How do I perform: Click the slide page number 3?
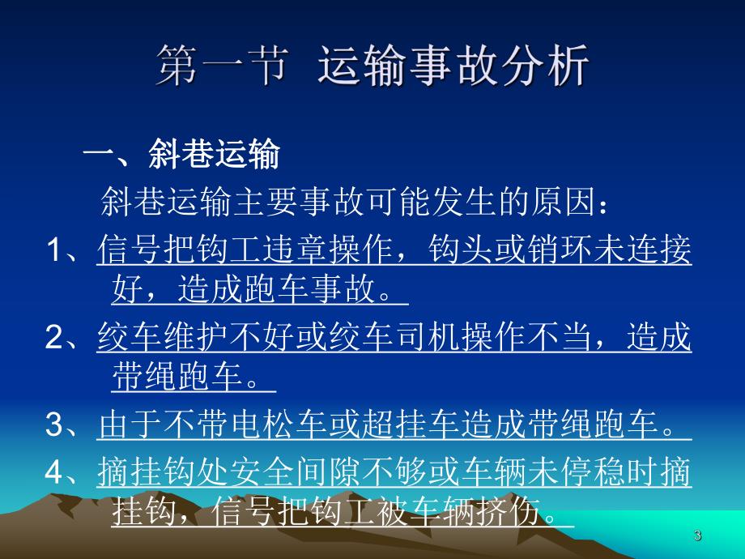[x=698, y=536]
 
